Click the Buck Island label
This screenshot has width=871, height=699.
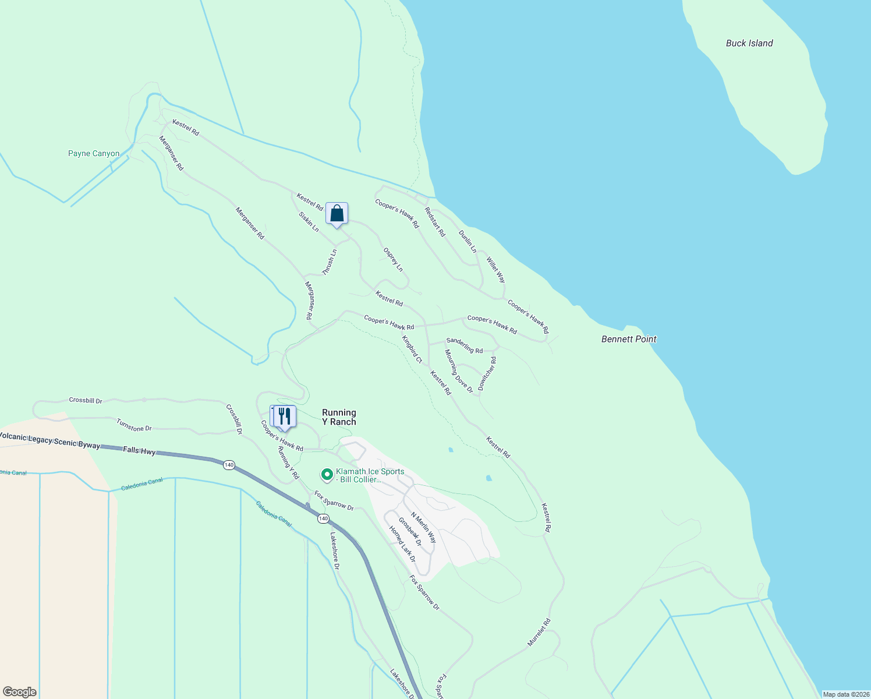749,43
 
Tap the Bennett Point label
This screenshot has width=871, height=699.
629,339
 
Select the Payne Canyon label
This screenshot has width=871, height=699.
94,154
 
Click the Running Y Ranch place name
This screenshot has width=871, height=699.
339,417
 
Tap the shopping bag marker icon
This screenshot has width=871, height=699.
337,214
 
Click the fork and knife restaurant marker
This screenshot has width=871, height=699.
284,416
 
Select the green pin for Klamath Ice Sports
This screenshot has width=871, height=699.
327,475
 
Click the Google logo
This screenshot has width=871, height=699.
19,692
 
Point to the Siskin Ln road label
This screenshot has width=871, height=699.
309,222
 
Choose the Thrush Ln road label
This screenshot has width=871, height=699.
330,262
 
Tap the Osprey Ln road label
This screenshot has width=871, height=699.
393,260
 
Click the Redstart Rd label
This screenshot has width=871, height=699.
435,223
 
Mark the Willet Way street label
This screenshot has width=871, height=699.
496,270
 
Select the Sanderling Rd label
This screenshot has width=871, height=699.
464,345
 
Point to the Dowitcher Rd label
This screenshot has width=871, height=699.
487,374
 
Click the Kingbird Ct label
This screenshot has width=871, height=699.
412,349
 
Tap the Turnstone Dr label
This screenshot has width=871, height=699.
134,425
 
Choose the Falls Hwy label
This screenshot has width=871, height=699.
139,450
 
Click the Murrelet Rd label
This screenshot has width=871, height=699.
539,633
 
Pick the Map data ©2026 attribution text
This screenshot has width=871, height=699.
845,694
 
